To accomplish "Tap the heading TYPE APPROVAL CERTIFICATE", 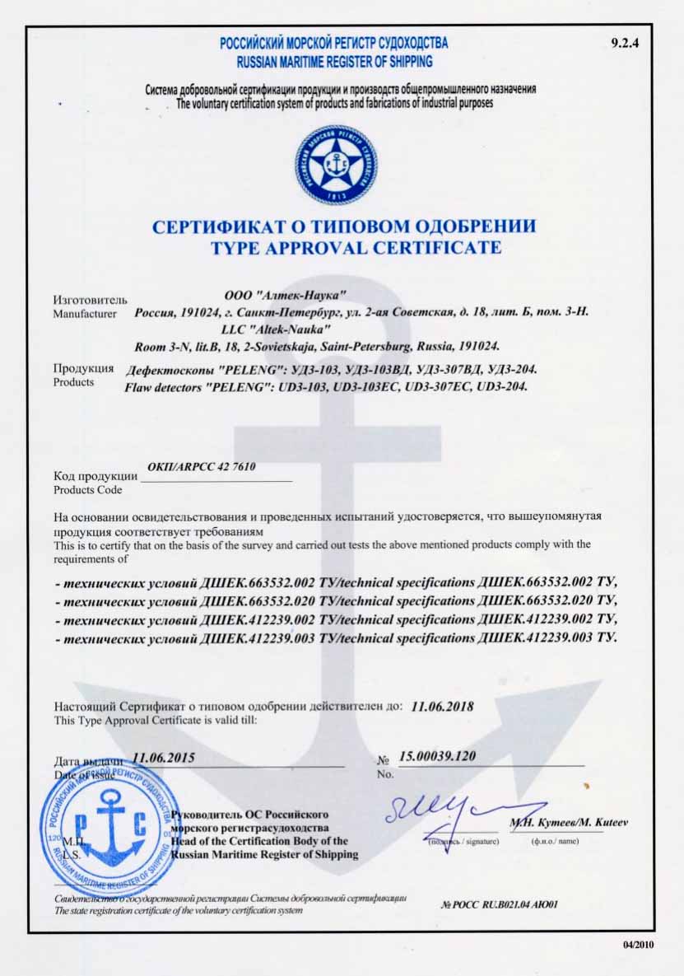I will click(x=345, y=247).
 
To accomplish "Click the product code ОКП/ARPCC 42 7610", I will click(x=201, y=466).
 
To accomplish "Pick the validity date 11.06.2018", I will click(x=441, y=706).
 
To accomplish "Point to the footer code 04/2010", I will click(x=639, y=945).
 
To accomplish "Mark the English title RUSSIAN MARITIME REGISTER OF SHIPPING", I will click(x=334, y=62).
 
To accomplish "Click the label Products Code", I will click(x=87, y=490).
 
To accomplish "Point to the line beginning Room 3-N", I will click(x=316, y=345).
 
